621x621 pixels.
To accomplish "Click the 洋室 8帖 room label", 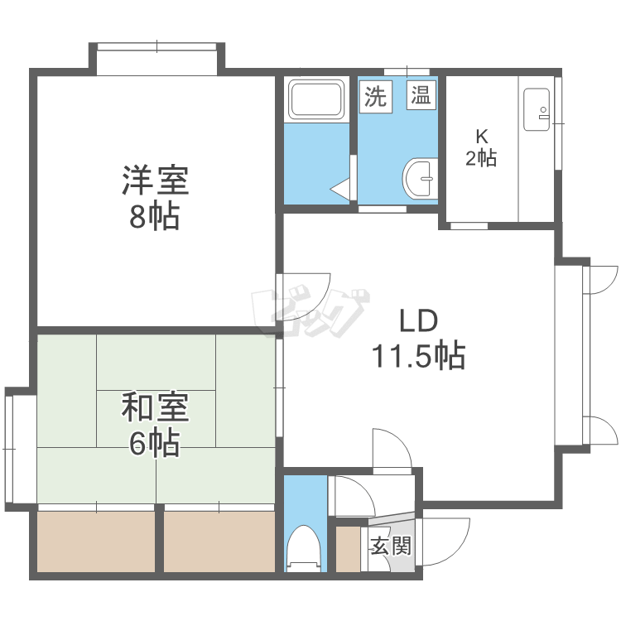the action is (x=156, y=198).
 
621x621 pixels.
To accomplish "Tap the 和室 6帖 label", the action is (x=156, y=424).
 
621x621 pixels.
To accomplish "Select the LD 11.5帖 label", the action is (x=418, y=339).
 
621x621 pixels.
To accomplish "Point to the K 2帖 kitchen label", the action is (x=481, y=147).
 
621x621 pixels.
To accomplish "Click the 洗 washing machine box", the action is (x=375, y=96).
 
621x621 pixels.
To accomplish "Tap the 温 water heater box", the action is (x=421, y=95).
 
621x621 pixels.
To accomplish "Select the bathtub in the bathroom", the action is (x=316, y=99).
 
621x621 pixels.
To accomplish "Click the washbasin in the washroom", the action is (x=420, y=178).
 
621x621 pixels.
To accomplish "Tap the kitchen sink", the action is (x=537, y=109).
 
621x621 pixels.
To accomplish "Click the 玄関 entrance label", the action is (x=392, y=546).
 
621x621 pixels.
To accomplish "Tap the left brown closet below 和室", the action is (x=96, y=542).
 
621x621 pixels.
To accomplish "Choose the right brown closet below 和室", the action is (x=219, y=542).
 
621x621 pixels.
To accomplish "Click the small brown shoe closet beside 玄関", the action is (x=348, y=549).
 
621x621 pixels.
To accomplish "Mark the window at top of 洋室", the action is (x=156, y=46).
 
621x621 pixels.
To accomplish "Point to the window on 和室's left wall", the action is (x=9, y=449).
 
